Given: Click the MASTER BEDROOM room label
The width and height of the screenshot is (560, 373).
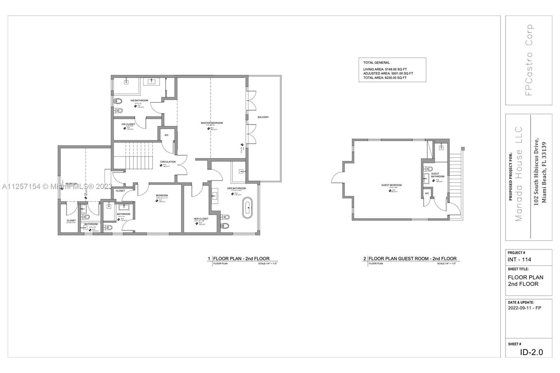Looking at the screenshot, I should [212, 123].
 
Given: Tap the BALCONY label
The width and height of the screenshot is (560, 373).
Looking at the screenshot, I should [263, 117].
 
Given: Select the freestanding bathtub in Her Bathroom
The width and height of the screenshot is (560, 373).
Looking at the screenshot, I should [248, 208].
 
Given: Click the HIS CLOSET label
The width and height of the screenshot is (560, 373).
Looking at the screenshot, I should [128, 124].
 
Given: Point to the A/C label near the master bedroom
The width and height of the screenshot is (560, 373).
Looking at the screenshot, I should [167, 135].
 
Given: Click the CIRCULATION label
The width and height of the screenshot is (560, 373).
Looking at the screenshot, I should [168, 162].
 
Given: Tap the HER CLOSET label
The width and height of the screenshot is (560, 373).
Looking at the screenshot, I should [201, 219].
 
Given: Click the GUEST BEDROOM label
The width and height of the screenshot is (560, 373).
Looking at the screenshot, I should [391, 185].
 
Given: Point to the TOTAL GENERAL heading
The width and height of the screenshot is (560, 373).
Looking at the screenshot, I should [376, 63].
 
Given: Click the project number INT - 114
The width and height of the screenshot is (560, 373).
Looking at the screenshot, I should [519, 259].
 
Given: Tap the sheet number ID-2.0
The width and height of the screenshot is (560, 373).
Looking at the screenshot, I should [531, 352].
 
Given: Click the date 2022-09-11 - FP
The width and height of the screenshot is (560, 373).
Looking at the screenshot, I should [524, 308].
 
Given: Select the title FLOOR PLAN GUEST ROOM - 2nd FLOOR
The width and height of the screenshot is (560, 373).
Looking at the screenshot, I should [412, 259].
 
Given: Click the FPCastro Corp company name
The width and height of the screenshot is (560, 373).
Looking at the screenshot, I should [529, 60].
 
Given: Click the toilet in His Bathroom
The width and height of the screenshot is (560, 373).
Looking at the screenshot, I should [118, 101].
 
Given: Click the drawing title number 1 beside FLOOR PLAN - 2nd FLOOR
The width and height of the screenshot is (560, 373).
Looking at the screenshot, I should [209, 259].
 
